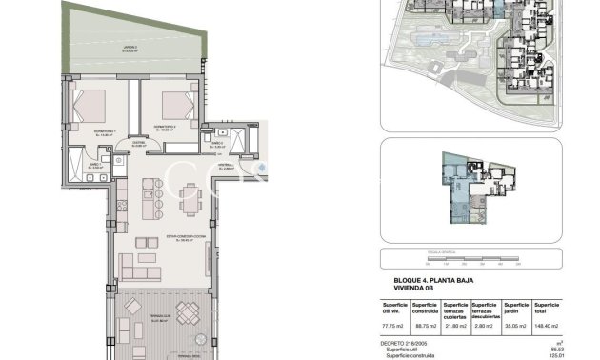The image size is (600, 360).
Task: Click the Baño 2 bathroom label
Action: tap(213, 145)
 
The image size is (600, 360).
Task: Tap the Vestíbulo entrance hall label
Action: tap(226, 165)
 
